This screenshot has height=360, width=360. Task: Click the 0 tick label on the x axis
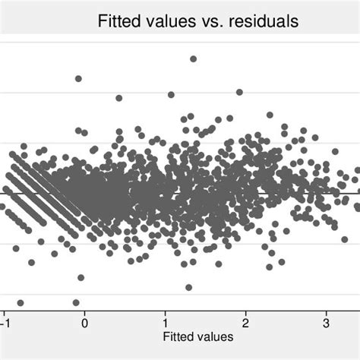tap(84, 321)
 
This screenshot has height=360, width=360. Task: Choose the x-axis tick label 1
tap(165, 321)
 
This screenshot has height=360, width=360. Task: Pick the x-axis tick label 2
tap(245, 321)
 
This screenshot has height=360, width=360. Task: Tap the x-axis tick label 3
tap(326, 321)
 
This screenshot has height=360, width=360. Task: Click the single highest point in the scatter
tap(193, 58)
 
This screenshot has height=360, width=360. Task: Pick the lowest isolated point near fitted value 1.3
tap(188, 287)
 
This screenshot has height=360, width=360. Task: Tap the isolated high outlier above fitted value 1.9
tap(239, 92)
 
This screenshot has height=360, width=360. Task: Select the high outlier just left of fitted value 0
tap(77, 78)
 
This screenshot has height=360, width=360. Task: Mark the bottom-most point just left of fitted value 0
tap(76, 302)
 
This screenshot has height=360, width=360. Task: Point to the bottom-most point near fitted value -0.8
tap(21, 302)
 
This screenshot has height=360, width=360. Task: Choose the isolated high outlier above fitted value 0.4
tap(118, 98)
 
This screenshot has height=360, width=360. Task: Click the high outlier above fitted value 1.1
tap(171, 95)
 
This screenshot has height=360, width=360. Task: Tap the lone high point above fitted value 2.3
tap(270, 115)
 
